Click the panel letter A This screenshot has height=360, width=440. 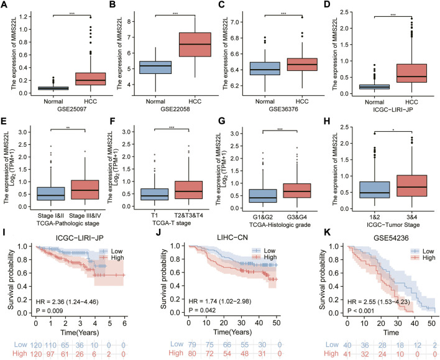pos(5,6)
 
